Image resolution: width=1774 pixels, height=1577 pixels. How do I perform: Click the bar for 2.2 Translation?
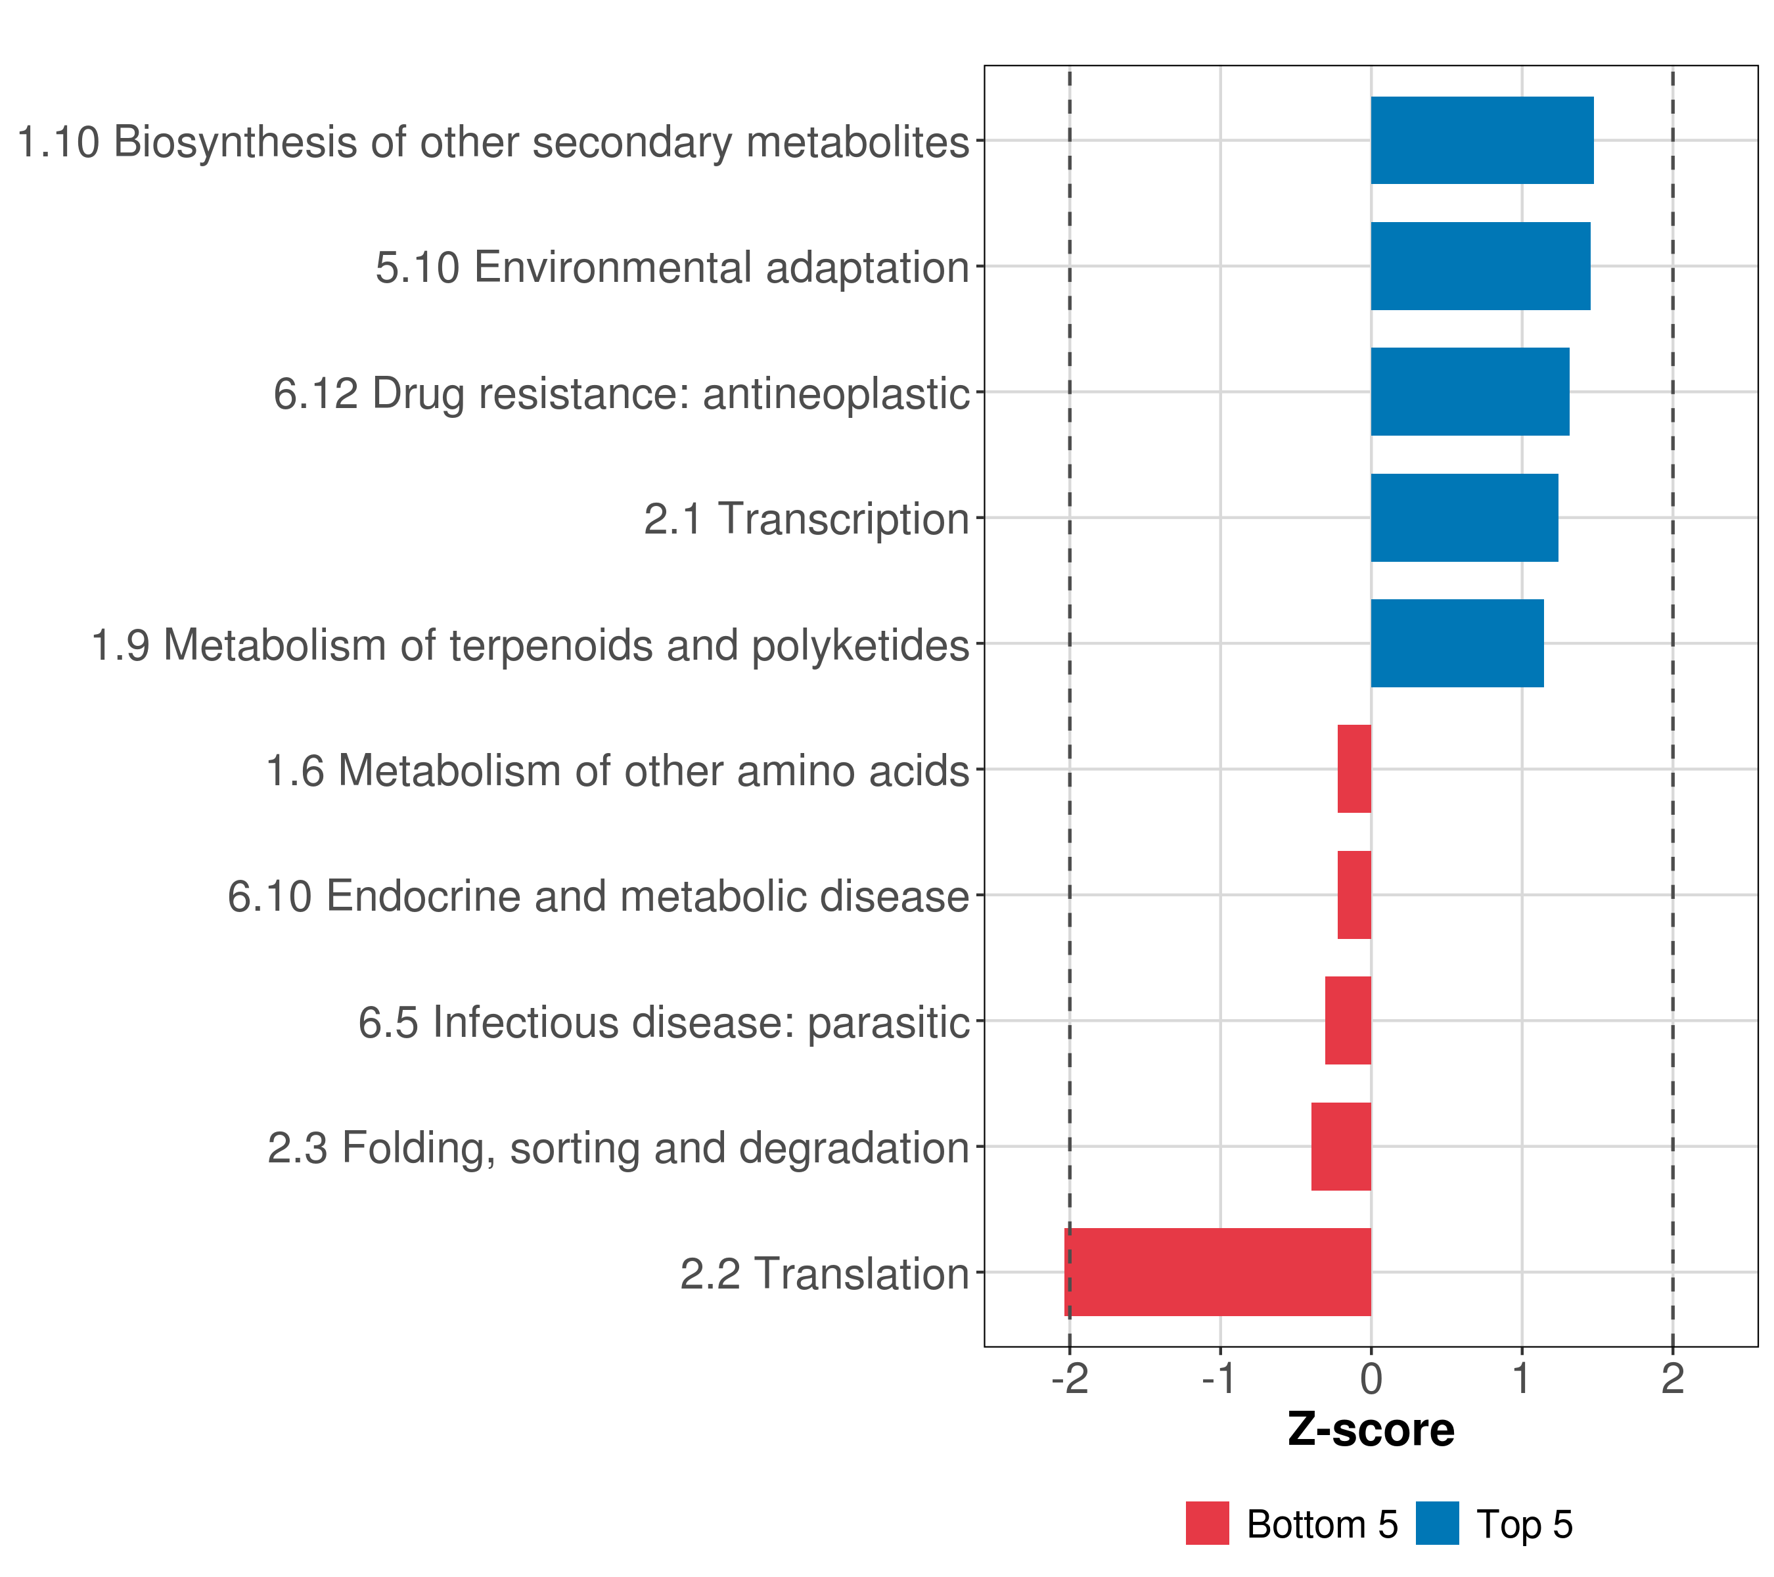1217,1271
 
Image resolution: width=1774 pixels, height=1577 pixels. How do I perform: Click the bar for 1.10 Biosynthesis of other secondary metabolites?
1482,140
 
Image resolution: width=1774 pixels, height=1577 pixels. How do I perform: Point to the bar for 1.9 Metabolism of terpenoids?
1457,643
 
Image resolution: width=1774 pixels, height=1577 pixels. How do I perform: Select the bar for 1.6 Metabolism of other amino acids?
1354,769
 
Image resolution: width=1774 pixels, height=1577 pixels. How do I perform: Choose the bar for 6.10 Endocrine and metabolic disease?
1354,895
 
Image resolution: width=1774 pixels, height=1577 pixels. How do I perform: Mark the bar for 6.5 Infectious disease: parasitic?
1348,1020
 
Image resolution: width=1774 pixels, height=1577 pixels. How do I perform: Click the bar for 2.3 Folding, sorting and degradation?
1341,1146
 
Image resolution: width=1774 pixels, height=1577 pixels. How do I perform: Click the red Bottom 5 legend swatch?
1207,1523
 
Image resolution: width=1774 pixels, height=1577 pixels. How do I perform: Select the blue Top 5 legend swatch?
1437,1523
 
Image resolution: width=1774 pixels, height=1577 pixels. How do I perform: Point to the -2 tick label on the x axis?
1069,1379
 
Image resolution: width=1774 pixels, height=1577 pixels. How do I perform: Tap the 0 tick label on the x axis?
1371,1379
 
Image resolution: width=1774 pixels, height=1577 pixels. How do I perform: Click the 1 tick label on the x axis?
1522,1379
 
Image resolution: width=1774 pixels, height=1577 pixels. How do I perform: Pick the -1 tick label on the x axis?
1219,1379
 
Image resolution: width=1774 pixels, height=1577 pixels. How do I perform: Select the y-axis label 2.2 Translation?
824,1273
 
